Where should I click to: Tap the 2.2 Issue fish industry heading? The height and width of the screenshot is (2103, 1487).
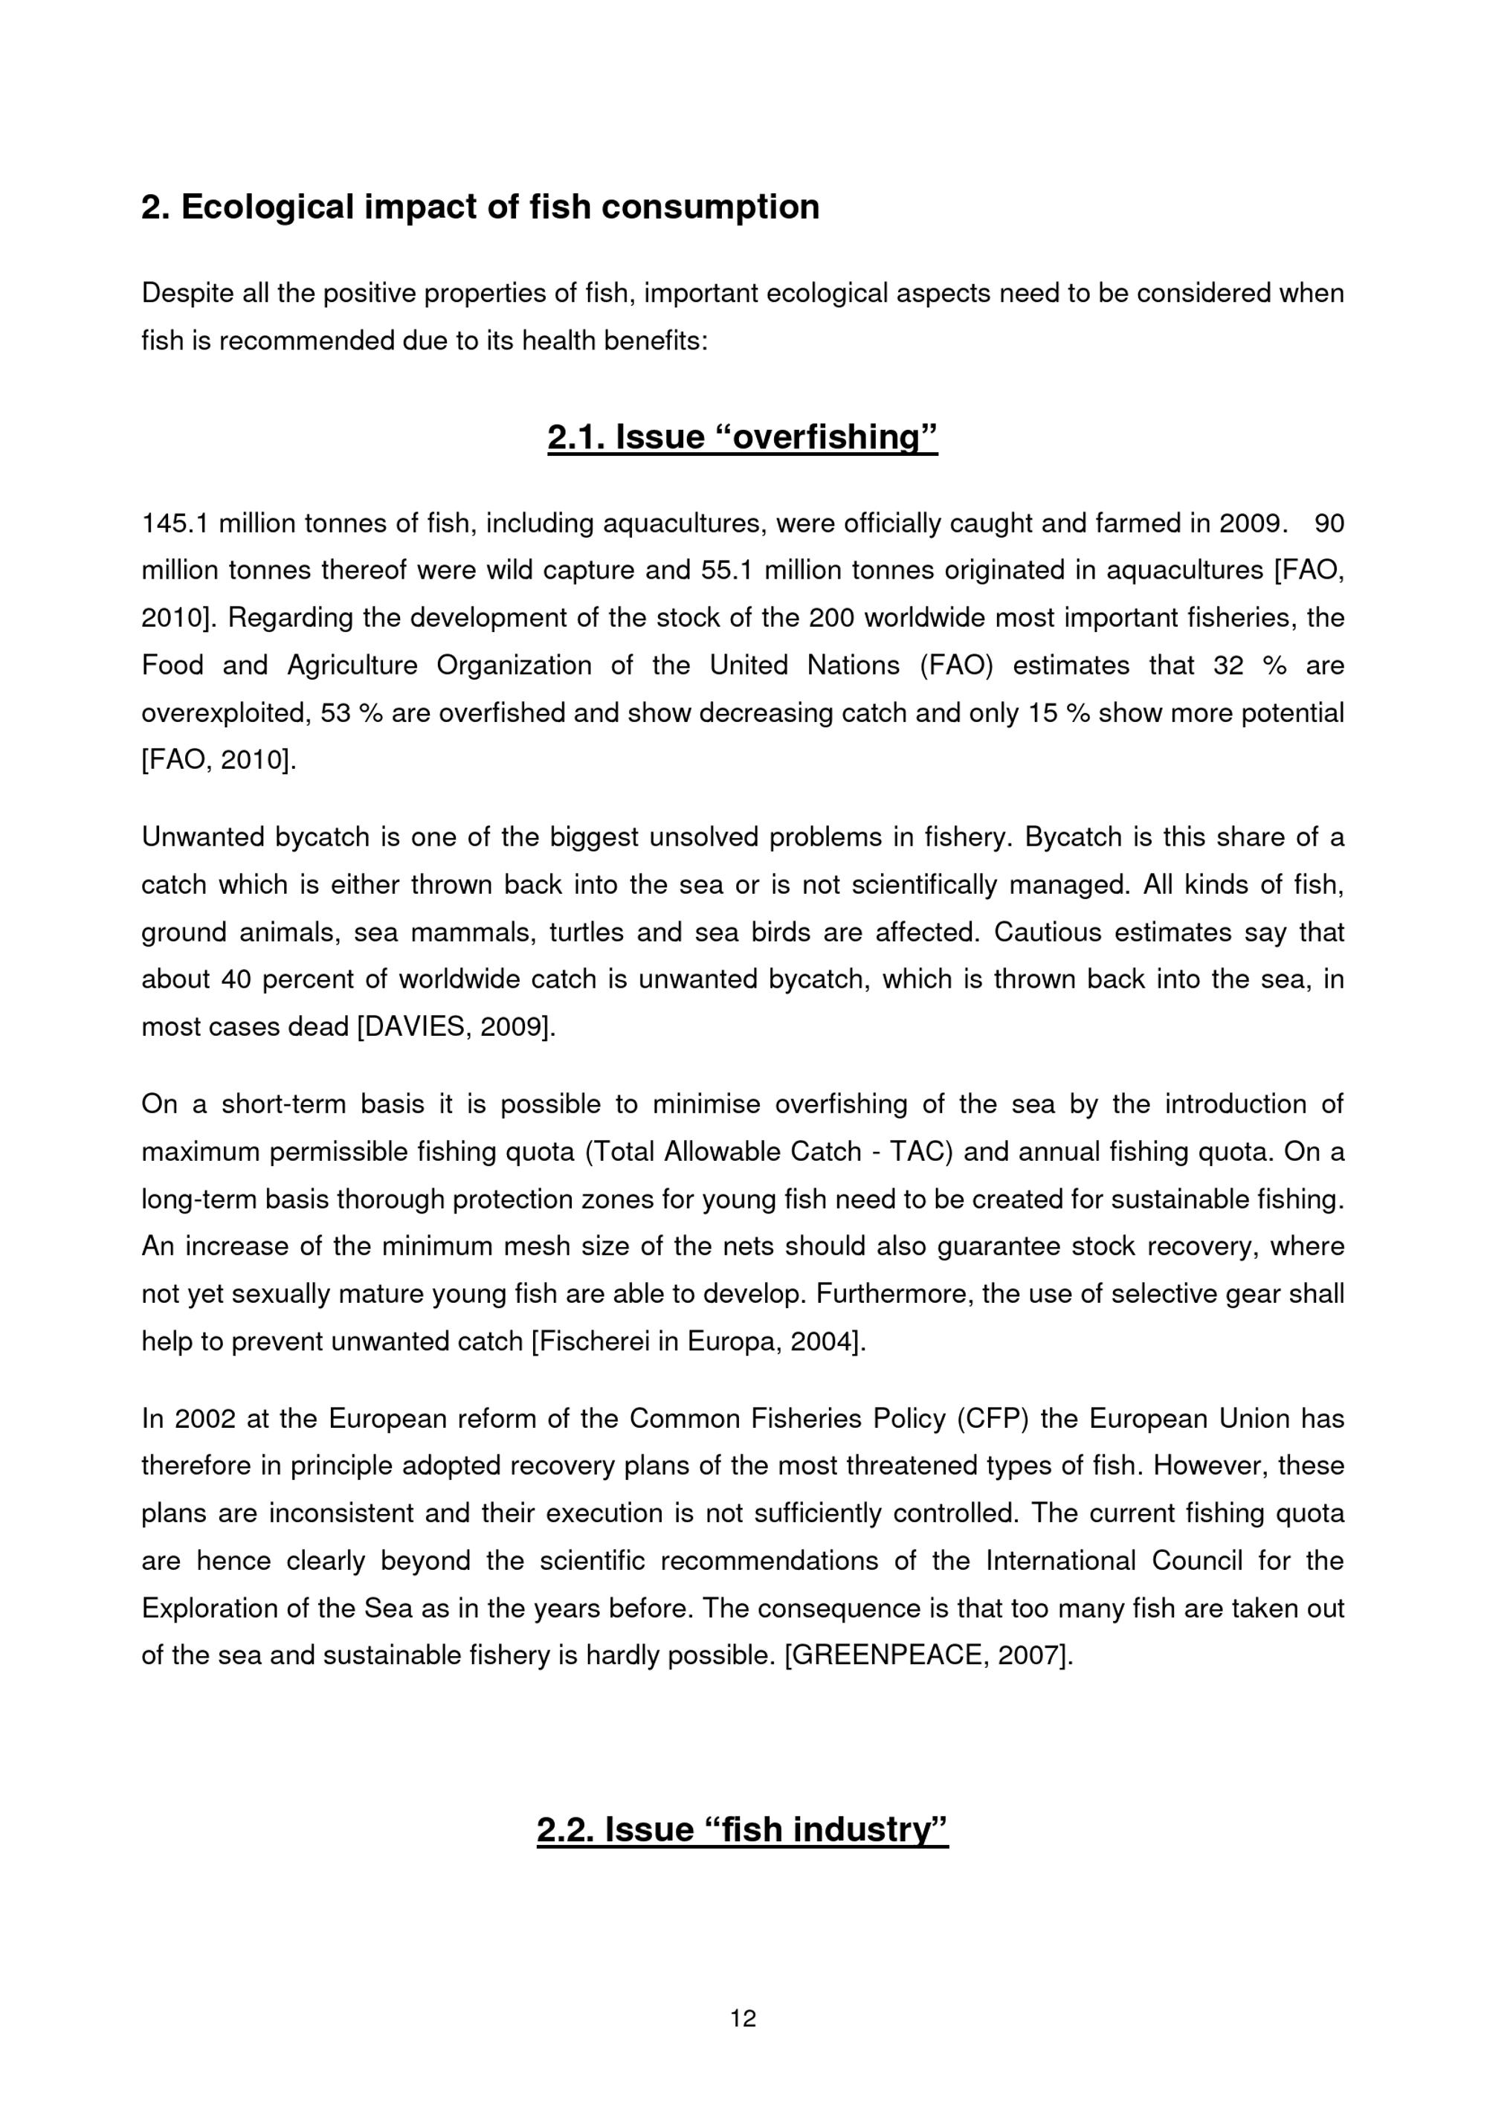click(742, 1830)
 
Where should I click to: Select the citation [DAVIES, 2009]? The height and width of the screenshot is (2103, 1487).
click(456, 1027)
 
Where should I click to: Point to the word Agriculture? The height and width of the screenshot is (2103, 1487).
click(352, 665)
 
